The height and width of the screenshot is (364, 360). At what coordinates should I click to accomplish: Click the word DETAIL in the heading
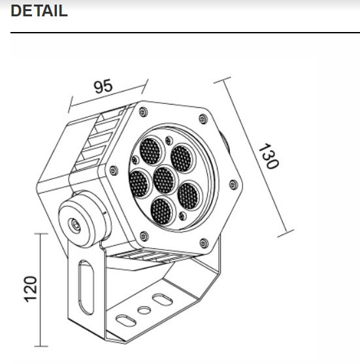pos(40,11)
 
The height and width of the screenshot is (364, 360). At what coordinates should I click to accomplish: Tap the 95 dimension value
pos(103,86)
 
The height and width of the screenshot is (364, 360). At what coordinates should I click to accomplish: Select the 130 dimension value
pos(268,156)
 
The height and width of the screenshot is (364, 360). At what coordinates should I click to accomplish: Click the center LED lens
pos(164,180)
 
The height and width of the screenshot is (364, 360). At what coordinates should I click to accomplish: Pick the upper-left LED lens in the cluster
pos(151,152)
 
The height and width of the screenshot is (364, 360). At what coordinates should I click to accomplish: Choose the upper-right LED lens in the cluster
pos(181,159)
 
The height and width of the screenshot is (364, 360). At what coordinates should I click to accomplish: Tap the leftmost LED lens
pos(139,182)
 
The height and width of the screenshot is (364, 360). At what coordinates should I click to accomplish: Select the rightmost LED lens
pos(188,195)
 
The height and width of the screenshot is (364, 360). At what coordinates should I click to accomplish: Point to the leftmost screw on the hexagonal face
pos(114,171)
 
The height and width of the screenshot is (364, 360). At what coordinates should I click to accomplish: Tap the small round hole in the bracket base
pos(142,310)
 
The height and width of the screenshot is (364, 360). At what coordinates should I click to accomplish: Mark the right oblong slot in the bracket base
pos(160,299)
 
